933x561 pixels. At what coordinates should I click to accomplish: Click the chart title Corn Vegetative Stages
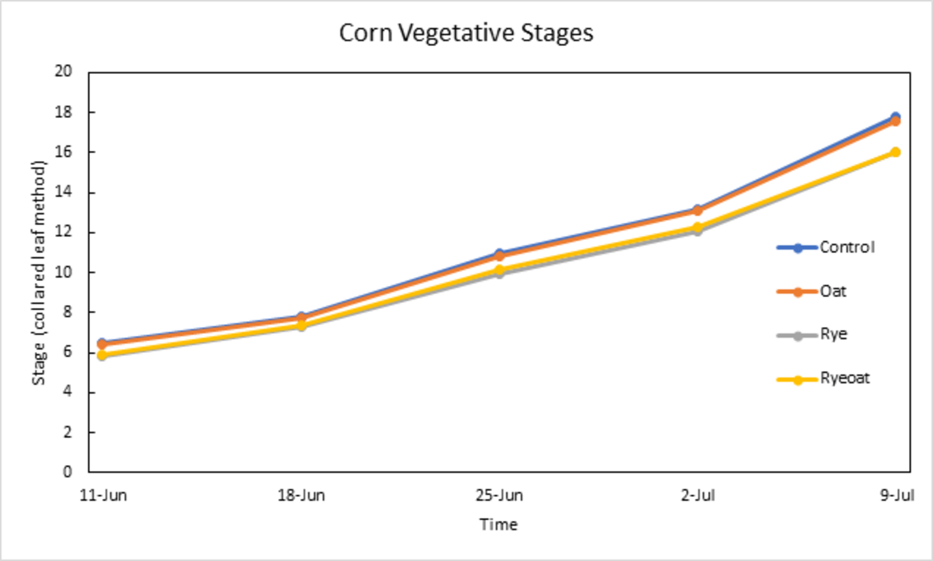pos(466,33)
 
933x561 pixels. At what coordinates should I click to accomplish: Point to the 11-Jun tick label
pos(103,495)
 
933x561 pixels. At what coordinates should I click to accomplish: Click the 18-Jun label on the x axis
pos(301,495)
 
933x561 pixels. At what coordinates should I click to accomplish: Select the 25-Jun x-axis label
pos(499,495)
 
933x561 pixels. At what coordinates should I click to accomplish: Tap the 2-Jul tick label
pos(698,495)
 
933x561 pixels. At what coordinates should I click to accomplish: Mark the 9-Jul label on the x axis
pos(897,495)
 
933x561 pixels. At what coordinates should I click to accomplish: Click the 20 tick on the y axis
pos(63,71)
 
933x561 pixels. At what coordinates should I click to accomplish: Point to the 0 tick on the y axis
pos(67,471)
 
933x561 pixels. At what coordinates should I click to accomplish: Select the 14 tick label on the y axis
pos(63,192)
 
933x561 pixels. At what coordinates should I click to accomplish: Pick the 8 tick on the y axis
pos(67,312)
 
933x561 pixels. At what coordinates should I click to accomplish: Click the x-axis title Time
pos(498,525)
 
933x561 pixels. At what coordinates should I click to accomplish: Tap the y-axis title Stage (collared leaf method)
pos(39,272)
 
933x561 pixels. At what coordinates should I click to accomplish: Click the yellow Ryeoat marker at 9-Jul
pos(895,152)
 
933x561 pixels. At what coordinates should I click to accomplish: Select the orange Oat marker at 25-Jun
pos(499,256)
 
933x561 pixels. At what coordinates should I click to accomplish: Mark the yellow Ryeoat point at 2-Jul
pos(697,228)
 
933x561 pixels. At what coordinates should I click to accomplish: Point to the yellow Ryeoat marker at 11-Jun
pos(102,355)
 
